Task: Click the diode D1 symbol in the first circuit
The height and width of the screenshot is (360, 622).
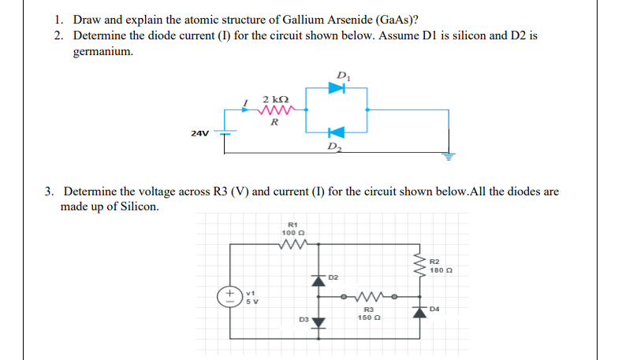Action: point(337,88)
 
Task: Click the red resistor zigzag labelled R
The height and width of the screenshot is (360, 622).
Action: point(274,110)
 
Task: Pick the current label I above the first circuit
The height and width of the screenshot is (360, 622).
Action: point(248,102)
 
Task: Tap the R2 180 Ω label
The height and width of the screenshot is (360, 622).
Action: point(439,265)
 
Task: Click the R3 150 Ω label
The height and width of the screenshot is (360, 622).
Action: point(365,314)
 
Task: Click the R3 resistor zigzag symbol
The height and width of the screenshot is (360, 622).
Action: point(365,298)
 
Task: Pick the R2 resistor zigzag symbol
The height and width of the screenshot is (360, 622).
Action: point(420,265)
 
